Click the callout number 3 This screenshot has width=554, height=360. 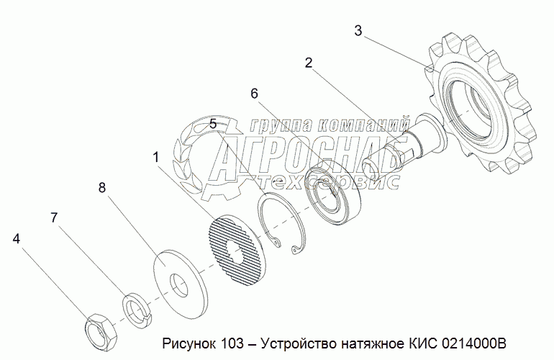(x=358, y=30)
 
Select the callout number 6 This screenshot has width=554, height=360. (x=254, y=94)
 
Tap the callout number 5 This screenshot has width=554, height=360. (x=213, y=125)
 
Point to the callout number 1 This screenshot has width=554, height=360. (x=155, y=156)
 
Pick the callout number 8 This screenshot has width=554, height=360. (x=102, y=187)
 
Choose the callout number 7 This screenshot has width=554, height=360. (x=53, y=217)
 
